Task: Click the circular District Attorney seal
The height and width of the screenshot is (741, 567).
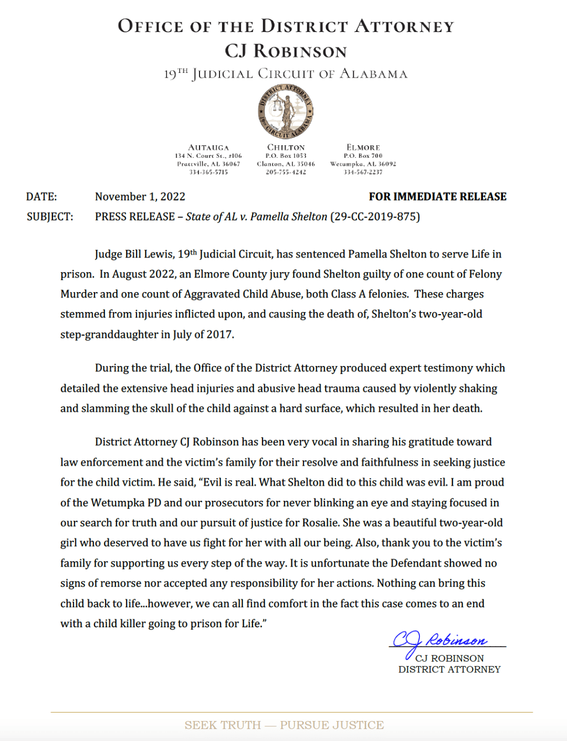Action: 286,111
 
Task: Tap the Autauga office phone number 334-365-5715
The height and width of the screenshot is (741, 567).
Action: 208,172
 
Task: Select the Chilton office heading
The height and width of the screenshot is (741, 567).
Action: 286,147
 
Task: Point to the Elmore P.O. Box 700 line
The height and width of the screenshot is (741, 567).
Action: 363,156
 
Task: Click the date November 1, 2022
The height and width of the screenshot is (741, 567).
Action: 140,197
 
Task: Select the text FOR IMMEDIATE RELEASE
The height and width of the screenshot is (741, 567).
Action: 437,197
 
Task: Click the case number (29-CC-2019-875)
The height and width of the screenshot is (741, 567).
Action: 375,217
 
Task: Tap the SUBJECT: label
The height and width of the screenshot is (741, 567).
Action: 50,217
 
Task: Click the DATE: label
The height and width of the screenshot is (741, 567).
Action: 41,197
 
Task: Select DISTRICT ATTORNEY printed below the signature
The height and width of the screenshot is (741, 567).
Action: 449,670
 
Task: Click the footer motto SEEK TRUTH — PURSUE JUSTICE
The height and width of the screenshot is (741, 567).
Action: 284,725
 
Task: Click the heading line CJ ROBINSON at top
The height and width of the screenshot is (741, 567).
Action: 286,51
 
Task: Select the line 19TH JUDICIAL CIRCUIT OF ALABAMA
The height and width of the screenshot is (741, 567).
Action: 286,74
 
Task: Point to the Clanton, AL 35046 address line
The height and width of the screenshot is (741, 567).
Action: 286,164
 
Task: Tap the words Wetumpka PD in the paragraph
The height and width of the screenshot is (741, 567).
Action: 125,503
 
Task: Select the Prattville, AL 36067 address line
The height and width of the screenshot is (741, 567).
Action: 208,164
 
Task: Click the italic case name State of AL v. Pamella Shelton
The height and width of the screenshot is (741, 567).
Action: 256,217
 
